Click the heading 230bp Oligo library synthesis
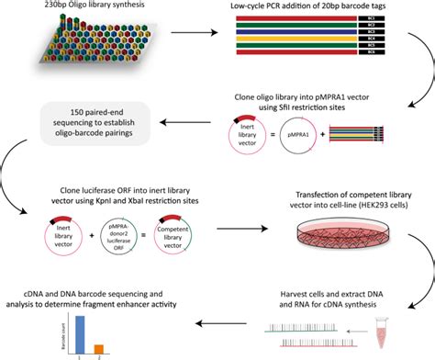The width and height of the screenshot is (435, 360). [x=68, y=6]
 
